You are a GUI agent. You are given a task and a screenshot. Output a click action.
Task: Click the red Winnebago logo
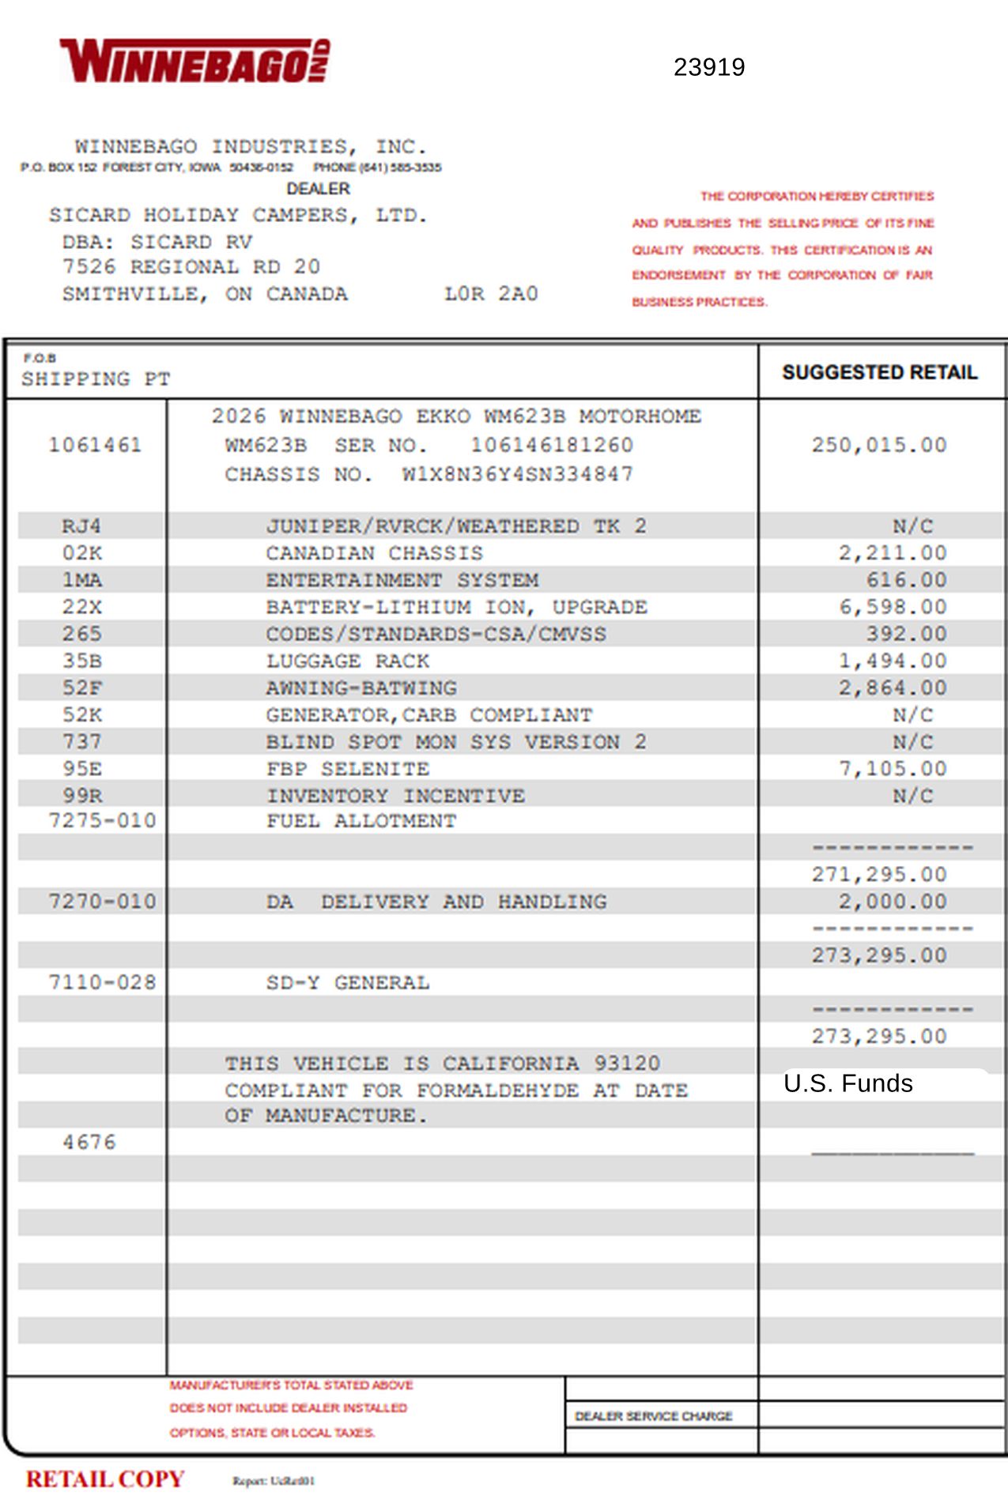click(x=194, y=61)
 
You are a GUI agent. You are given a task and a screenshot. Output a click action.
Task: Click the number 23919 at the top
click(x=708, y=67)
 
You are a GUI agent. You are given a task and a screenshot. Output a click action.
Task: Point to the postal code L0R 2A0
click(x=490, y=294)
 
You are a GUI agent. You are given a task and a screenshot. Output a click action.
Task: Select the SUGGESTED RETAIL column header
click(x=879, y=372)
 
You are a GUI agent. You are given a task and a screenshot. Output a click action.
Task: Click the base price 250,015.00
click(x=878, y=445)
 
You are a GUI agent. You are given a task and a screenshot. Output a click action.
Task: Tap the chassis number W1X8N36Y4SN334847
click(x=517, y=474)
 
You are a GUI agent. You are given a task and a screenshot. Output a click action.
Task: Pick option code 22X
click(x=82, y=607)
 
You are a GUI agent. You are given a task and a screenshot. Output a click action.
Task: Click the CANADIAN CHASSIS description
click(x=374, y=553)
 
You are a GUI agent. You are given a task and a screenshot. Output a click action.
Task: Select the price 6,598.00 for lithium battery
click(x=892, y=607)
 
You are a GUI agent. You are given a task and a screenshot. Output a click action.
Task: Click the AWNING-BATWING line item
click(x=361, y=688)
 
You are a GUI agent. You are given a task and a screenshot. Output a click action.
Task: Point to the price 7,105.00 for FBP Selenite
click(x=892, y=769)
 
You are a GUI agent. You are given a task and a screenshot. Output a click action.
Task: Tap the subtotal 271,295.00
click(x=878, y=875)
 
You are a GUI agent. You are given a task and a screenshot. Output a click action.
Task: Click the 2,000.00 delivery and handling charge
click(x=892, y=902)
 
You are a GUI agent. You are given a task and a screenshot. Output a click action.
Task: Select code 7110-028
click(x=102, y=982)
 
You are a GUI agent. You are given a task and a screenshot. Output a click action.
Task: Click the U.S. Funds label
click(x=848, y=1083)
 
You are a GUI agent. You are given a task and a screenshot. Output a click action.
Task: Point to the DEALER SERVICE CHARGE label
click(x=653, y=1416)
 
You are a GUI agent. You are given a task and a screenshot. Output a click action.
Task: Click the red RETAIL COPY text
click(x=105, y=1479)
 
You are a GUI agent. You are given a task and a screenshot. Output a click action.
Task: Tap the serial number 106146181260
click(x=552, y=445)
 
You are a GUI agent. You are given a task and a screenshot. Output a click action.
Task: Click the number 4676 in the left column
click(x=89, y=1142)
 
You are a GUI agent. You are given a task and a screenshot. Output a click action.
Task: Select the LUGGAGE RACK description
click(x=347, y=661)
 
